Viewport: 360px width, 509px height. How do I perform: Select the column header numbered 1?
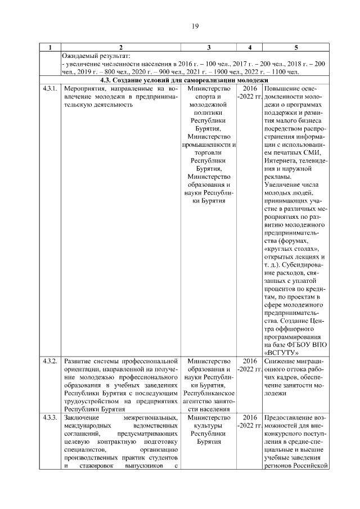pos(50,47)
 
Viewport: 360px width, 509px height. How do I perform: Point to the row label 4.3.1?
pos(50,89)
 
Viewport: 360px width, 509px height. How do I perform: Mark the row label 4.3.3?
pos(50,418)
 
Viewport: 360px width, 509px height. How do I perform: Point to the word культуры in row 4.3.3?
pos(208,427)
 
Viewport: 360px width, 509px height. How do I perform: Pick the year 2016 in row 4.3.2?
pos(250,361)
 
